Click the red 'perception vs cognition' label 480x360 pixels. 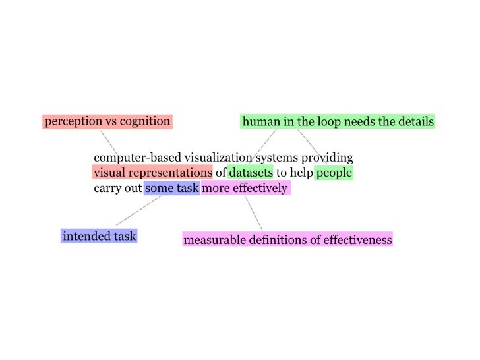tap(107, 121)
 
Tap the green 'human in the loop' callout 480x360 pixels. tap(338, 121)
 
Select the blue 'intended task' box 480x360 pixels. tap(100, 235)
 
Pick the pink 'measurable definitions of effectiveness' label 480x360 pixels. tap(287, 239)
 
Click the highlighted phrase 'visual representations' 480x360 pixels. tap(152, 173)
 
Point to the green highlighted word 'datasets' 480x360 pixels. tap(251, 173)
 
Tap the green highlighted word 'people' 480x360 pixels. tap(334, 173)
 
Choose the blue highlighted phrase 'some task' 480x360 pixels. tap(172, 188)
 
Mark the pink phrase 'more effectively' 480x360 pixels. tap(245, 188)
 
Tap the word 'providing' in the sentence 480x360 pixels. tap(327, 158)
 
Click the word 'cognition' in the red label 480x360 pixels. tap(145, 121)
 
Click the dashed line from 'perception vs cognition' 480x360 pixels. tap(109, 142)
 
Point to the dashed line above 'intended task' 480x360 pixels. tap(138, 211)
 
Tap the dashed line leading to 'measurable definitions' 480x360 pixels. tap(254, 212)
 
